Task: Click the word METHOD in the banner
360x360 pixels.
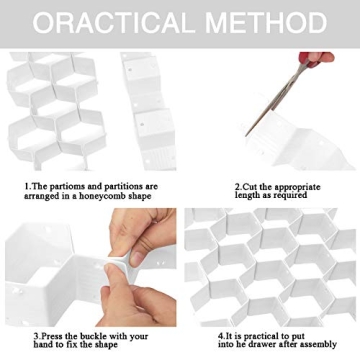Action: [266, 23]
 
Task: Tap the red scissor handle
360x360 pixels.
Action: [316, 58]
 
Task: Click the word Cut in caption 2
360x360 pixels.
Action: [250, 186]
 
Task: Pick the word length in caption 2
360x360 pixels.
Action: [247, 195]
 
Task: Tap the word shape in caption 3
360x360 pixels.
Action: [105, 345]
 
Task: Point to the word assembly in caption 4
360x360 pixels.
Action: [317, 345]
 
